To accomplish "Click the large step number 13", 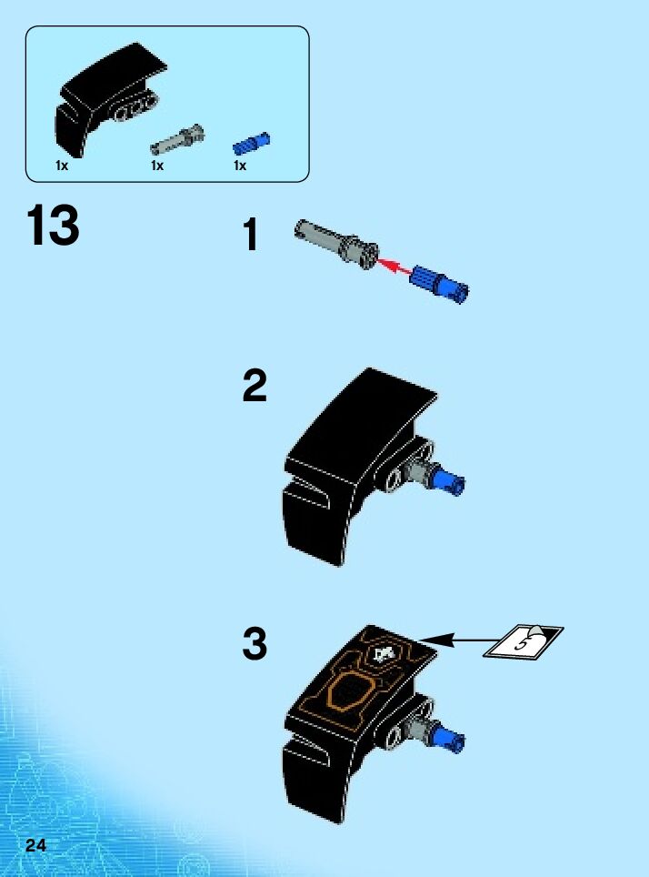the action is point(53,225).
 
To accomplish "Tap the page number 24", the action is point(35,844).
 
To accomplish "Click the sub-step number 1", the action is point(251,235).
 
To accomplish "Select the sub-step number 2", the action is point(255,386).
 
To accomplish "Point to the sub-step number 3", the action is point(255,644).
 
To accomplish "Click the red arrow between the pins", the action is point(394,267).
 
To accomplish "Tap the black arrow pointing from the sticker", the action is point(452,640).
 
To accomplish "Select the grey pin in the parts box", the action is point(177,139).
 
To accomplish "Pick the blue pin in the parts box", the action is point(251,144).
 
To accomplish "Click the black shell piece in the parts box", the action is point(110,99).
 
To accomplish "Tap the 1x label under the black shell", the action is point(62,166).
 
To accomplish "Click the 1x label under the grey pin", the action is point(157,166).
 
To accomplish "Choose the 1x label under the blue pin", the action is point(240,166).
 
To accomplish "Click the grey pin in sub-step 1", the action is point(336,244).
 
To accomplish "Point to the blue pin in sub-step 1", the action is point(440,284).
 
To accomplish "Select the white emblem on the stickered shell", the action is point(384,654).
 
